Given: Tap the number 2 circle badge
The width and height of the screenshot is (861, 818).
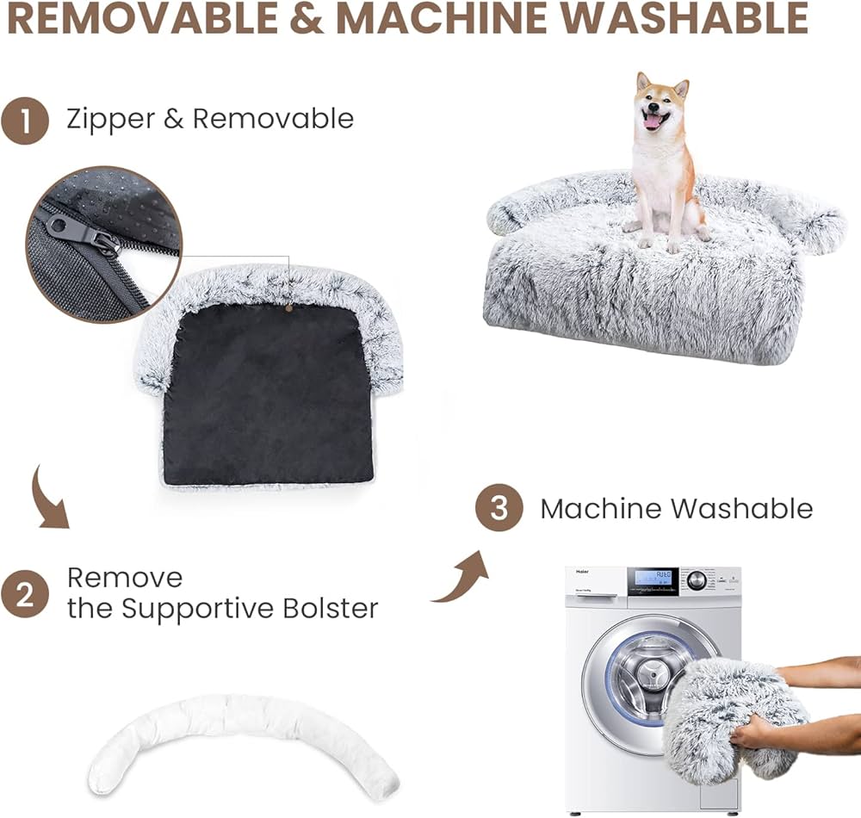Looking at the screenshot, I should [x=24, y=594].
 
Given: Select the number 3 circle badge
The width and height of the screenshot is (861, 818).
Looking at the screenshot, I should [x=499, y=509].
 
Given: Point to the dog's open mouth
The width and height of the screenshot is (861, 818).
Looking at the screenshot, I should [x=653, y=121].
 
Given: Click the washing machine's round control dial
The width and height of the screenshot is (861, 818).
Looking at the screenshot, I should [x=696, y=579].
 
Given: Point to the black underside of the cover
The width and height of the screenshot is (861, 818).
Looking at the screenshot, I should [x=267, y=396].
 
